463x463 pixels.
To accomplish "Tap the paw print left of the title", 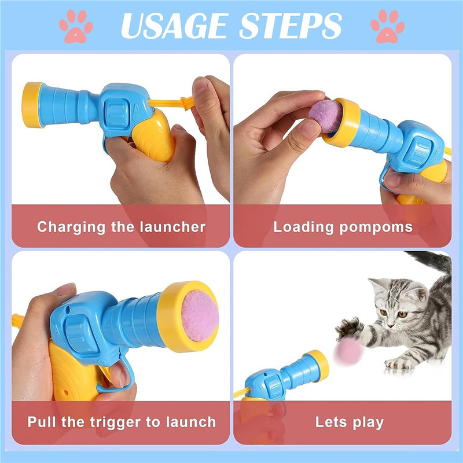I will (75, 25).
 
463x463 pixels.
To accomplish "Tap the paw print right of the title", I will (388, 25).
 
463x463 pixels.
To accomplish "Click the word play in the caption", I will (366, 422).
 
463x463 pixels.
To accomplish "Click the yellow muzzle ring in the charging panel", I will (33, 105).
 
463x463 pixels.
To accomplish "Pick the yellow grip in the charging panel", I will (153, 136).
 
